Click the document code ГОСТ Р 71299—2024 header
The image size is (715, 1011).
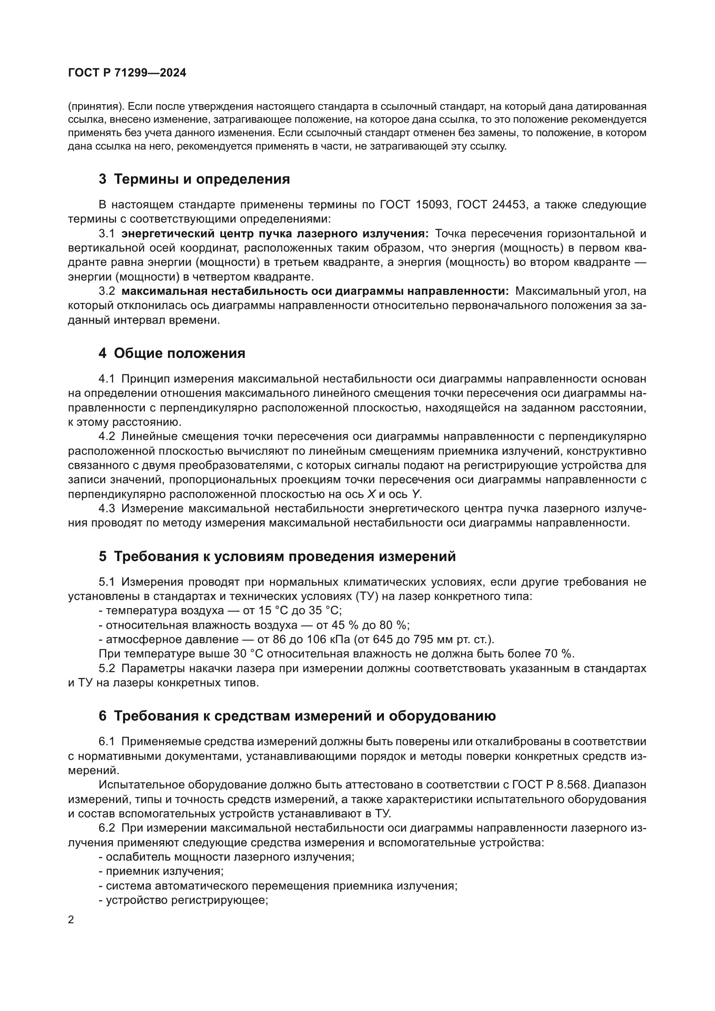pyautogui.click(x=127, y=73)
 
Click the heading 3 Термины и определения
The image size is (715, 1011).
pyautogui.click(x=194, y=179)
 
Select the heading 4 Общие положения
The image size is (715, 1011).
pyautogui.click(x=172, y=353)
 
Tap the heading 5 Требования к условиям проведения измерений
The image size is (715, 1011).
pyautogui.click(x=277, y=556)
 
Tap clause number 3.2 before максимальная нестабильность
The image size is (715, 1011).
pyautogui.click(x=106, y=291)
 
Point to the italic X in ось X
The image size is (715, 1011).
pyautogui.click(x=371, y=494)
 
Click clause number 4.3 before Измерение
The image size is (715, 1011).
pyautogui.click(x=106, y=509)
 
